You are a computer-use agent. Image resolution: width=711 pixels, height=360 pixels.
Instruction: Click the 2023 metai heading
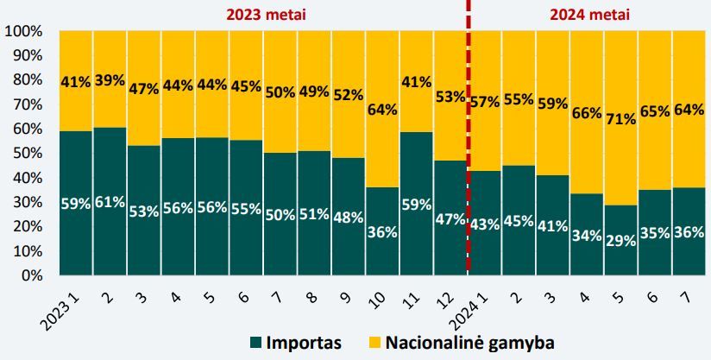pyautogui.click(x=266, y=15)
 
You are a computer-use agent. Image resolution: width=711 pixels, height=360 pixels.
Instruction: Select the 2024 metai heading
pyautogui.click(x=589, y=15)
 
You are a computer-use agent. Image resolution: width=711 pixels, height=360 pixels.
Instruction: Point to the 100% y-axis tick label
pyautogui.click(x=23, y=32)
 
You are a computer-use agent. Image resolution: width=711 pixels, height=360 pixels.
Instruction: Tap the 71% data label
pyautogui.click(x=620, y=118)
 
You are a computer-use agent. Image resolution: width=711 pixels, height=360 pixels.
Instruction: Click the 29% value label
pyautogui.click(x=620, y=241)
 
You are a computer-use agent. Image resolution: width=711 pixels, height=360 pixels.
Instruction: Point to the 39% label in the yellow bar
pyautogui.click(x=110, y=79)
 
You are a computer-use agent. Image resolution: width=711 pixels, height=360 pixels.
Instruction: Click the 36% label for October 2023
pyautogui.click(x=382, y=231)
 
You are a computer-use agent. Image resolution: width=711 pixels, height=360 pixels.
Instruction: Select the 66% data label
pyautogui.click(x=586, y=112)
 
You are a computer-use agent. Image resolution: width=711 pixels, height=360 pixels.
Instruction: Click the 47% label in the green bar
pyautogui.click(x=450, y=218)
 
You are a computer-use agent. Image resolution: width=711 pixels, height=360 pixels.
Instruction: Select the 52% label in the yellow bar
pyautogui.click(x=348, y=95)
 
